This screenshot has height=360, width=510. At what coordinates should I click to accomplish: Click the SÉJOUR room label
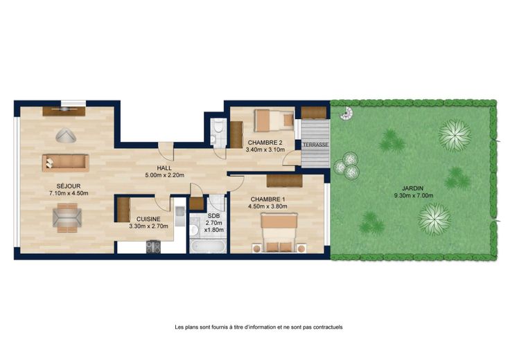pos(69,186)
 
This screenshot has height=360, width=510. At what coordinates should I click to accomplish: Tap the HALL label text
pos(164,168)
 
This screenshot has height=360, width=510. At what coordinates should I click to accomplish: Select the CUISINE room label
pos(148,219)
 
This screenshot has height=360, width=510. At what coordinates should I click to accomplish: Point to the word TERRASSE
pos(315,145)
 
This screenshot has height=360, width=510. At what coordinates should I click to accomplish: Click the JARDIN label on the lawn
pos(413,188)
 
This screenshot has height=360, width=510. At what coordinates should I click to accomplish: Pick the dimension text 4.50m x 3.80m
pos(268,206)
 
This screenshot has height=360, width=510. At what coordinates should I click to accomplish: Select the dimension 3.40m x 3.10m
pos(265,150)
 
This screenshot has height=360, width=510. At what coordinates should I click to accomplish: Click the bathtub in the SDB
pos(208,246)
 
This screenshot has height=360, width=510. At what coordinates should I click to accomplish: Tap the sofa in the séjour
pos(65,163)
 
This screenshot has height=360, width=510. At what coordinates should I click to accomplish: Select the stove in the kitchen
pos(153,246)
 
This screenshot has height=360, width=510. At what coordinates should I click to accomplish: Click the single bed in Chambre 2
pos(274,120)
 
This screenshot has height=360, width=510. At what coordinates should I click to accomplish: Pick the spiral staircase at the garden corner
pos(346,114)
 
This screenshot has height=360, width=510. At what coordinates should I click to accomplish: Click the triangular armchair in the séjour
pos(66,135)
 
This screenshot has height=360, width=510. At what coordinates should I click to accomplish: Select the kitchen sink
pos(179,216)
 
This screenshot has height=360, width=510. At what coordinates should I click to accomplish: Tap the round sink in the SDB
pos(194,230)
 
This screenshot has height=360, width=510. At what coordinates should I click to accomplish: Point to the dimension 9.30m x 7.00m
pos(414,196)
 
